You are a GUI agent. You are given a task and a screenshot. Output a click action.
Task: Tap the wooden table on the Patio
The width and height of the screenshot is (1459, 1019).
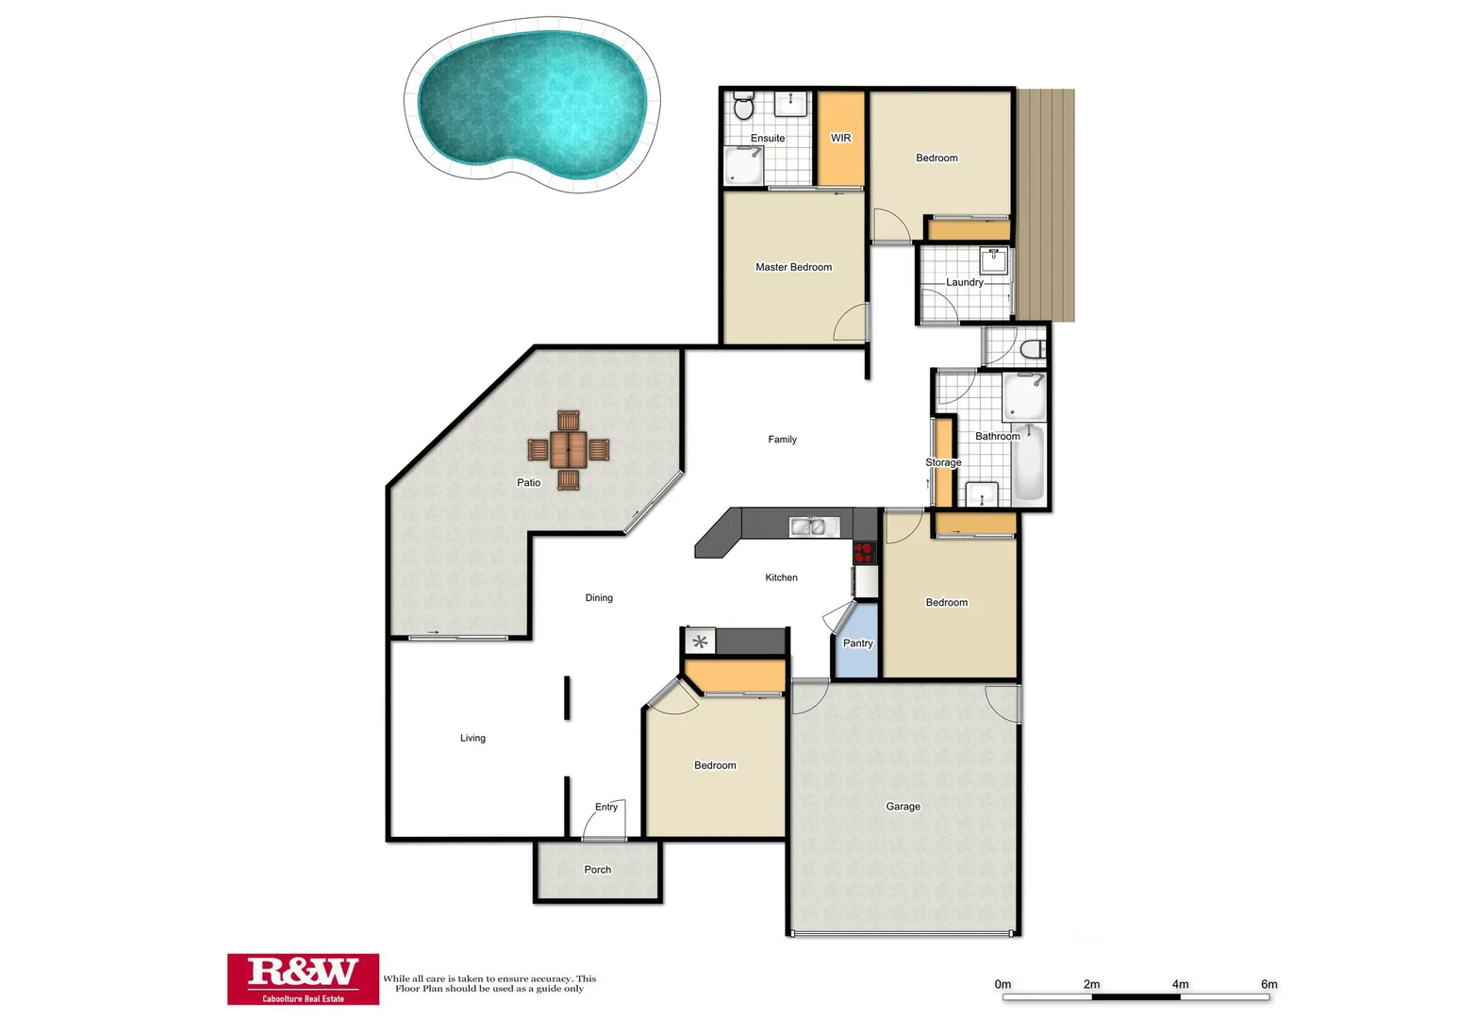click(x=569, y=450)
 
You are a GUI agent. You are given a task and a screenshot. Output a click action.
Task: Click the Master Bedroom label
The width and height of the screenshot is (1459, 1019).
click(x=793, y=267)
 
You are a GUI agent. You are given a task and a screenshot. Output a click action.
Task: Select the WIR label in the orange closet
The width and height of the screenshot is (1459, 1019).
click(x=840, y=138)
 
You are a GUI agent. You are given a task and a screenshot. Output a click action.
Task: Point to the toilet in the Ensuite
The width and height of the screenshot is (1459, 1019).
click(x=743, y=108)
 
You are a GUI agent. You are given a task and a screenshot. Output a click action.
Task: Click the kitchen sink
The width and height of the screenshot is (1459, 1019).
click(x=808, y=526)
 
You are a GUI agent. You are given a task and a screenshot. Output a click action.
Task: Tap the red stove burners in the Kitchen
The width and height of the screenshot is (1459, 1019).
click(x=864, y=552)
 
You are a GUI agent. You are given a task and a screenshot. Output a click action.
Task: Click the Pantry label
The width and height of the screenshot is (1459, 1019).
click(x=857, y=643)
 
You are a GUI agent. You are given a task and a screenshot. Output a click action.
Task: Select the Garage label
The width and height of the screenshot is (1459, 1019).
click(x=903, y=807)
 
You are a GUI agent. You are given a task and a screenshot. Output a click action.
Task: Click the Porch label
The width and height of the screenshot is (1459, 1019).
click(x=598, y=870)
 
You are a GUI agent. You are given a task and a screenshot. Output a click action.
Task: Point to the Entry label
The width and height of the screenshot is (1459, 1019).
click(x=606, y=807)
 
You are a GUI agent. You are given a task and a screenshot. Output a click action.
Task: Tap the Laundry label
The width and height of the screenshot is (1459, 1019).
click(x=964, y=282)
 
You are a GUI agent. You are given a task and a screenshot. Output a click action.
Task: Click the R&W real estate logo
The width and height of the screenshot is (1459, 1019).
click(x=303, y=978)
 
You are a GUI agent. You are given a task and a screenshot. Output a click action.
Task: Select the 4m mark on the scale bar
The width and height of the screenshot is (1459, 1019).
click(x=1180, y=985)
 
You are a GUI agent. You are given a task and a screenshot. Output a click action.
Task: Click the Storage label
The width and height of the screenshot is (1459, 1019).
click(x=943, y=462)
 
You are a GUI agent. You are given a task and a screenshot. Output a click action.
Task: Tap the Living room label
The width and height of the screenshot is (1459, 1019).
click(x=473, y=738)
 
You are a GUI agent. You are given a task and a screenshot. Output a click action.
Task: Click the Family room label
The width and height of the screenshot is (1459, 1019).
click(x=782, y=440)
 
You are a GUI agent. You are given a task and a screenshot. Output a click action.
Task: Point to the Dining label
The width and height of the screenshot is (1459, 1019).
click(x=599, y=598)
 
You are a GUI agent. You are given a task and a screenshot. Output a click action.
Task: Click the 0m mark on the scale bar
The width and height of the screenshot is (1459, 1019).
click(x=1003, y=985)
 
